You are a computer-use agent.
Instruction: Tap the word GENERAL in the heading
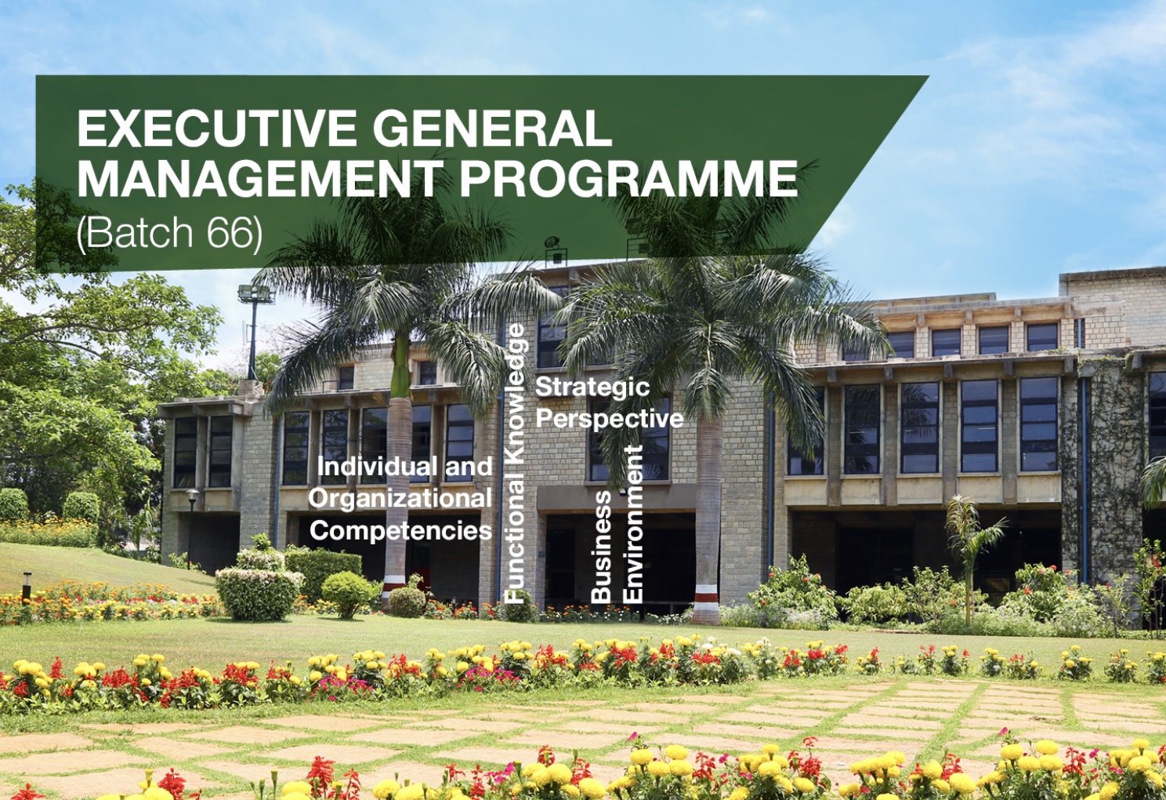491,129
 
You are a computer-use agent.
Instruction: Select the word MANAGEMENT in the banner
259,179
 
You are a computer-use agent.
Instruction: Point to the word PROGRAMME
628,179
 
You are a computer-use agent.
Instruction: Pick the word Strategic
592,387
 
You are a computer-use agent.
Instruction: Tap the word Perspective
609,419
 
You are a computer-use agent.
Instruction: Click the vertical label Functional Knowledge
515,463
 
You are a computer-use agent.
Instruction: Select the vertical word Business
601,546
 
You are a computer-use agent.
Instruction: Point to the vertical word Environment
632,524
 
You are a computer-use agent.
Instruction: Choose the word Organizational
400,499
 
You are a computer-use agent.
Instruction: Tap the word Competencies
400,531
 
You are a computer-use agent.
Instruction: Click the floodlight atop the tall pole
255,294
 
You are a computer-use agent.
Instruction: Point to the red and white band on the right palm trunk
706,593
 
